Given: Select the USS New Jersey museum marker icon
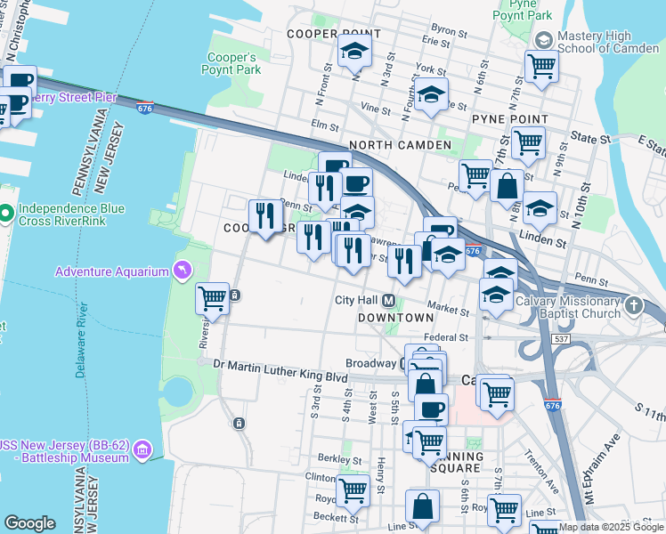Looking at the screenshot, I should [x=142, y=451].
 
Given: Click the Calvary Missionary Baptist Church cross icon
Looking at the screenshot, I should [x=633, y=306].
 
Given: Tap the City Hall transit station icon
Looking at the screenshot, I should [x=389, y=300].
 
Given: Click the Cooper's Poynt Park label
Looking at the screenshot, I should [x=233, y=62].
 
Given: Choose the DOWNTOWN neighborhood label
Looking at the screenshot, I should [x=395, y=317].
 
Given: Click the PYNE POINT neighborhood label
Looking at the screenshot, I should [x=509, y=118].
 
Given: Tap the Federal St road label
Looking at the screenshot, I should [x=446, y=338].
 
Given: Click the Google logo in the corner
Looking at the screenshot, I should [x=29, y=523].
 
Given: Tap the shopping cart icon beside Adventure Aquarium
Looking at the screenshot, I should [x=212, y=298].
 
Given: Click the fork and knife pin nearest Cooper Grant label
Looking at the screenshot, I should [x=264, y=215].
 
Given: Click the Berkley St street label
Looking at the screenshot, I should [x=337, y=460].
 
